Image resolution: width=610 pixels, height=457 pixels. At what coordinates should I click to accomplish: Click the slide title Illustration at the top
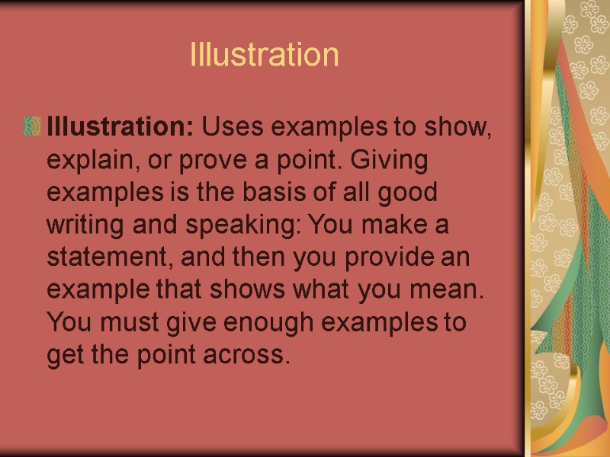tap(264, 55)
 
